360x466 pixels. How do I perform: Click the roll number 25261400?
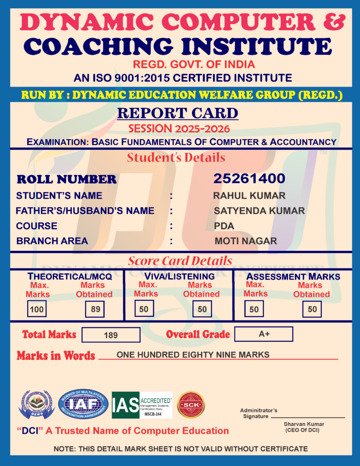click(x=249, y=178)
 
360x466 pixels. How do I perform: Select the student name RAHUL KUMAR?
click(x=249, y=196)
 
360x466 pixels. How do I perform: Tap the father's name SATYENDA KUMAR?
click(x=259, y=211)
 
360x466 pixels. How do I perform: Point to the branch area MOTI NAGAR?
click(x=246, y=241)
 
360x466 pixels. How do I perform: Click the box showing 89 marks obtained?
click(x=95, y=309)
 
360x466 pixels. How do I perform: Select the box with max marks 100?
click(x=36, y=309)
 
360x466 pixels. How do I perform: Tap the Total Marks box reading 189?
click(x=111, y=335)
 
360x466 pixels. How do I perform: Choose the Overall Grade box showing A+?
click(x=264, y=334)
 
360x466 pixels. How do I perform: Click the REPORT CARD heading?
click(x=177, y=113)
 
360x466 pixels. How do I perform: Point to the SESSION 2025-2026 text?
click(x=179, y=128)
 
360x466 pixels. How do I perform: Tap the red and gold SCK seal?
click(x=191, y=405)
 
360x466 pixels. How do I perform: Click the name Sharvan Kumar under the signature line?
click(x=302, y=424)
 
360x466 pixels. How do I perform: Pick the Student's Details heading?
click(x=176, y=158)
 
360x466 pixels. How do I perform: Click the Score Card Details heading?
click(x=180, y=261)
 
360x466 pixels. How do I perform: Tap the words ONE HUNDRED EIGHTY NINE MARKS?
click(x=193, y=355)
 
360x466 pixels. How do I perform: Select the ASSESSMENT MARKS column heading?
click(x=293, y=276)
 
